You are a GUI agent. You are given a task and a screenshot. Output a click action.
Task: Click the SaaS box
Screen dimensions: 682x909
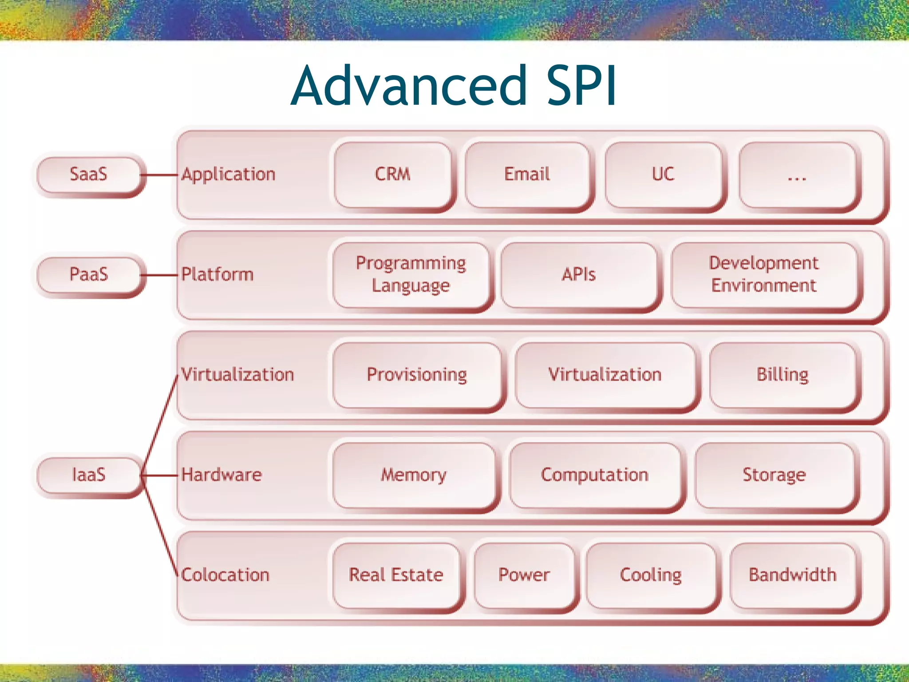point(89,174)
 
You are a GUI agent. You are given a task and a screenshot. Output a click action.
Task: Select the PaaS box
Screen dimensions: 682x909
point(89,275)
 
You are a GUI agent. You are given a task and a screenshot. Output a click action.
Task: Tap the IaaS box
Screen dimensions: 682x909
point(89,475)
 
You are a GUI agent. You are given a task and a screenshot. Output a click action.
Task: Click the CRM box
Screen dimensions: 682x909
point(393,174)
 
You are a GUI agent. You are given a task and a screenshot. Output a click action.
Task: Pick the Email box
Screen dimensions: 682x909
point(527,174)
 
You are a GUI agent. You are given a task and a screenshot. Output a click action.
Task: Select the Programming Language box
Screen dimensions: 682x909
point(411,275)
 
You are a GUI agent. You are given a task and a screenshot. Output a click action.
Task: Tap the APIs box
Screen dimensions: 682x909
point(578,275)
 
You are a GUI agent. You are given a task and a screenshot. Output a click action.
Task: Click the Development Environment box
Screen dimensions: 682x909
point(764,275)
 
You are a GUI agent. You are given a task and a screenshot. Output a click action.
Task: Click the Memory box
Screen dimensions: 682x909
point(414,476)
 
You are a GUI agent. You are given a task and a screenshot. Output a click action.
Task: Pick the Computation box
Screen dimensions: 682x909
point(595,476)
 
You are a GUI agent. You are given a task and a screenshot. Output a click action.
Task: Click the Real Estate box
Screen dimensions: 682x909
point(396,575)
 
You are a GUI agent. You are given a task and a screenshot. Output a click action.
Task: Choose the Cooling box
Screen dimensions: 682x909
point(651,575)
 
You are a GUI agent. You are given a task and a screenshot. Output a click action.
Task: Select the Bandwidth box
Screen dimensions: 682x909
point(793,575)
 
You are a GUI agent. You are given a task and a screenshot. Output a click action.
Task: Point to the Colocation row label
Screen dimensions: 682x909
point(225,575)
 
